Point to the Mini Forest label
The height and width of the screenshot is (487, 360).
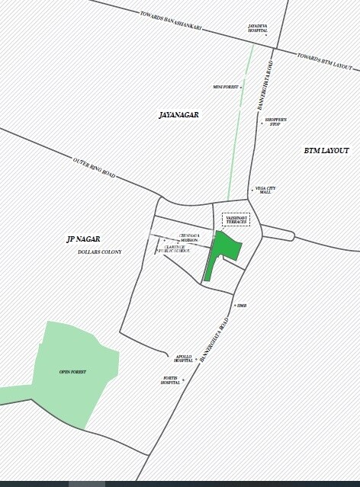tap(226, 87)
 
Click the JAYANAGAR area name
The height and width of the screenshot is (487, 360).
tap(178, 115)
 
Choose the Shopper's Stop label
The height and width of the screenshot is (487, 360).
tap(275, 122)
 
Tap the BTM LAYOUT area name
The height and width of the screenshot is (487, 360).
tap(326, 151)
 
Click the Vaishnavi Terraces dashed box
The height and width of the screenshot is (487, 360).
tap(236, 219)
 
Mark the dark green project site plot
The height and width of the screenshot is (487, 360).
tap(223, 249)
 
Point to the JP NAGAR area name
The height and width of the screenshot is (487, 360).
tap(83, 239)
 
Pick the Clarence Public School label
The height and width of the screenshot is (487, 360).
tap(178, 248)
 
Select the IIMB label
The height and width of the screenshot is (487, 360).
tap(242, 306)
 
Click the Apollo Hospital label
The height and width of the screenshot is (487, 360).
tap(183, 358)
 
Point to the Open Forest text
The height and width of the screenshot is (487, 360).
tap(72, 371)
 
